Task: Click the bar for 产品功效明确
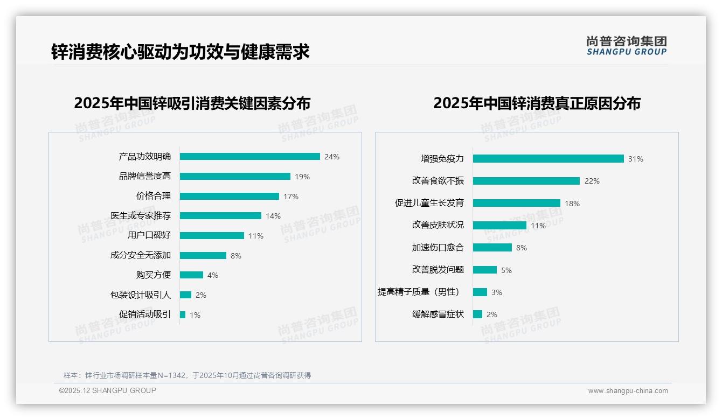[249, 157]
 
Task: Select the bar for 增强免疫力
[548, 159]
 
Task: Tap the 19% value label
[302, 177]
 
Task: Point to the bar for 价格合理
[229, 196]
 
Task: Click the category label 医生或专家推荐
[141, 216]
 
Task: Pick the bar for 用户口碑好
[212, 235]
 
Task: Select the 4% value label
[213, 275]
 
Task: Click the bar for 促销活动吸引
[183, 314]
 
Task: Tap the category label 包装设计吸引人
[141, 295]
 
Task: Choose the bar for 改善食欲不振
[526, 181]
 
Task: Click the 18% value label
[572, 204]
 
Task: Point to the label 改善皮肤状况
[438, 225]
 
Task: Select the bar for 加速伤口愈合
[492, 248]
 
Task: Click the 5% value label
[506, 270]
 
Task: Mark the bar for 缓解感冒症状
[477, 314]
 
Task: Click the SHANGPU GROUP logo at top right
[626, 46]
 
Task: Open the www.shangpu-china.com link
[628, 391]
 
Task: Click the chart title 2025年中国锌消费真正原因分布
[537, 103]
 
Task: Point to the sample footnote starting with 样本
[188, 375]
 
